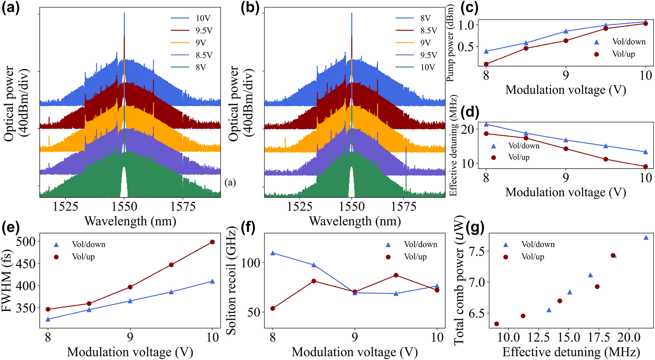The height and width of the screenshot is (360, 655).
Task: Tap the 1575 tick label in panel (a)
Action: pos(183,207)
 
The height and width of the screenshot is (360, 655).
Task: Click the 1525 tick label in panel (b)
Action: pos(300,207)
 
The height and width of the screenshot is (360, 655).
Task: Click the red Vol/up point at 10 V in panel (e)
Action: pos(212,242)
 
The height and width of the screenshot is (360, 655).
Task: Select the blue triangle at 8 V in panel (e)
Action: pos(48,319)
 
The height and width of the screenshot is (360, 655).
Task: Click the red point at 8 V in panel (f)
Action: pos(273,308)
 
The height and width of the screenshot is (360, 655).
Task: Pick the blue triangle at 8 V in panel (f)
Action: pos(273,253)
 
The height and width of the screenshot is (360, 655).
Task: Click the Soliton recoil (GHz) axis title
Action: pos(232,284)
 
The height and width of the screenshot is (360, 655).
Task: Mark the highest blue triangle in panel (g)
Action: pos(646,238)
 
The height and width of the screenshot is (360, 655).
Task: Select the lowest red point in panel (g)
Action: pos(496,324)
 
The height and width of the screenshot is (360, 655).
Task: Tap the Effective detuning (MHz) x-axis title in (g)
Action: pos(571,352)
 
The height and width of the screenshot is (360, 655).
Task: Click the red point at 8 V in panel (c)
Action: pos(486,64)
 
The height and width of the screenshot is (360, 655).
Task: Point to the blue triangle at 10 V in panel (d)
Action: pos(645,152)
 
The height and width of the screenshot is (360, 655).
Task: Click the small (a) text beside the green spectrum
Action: pos(230,183)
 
